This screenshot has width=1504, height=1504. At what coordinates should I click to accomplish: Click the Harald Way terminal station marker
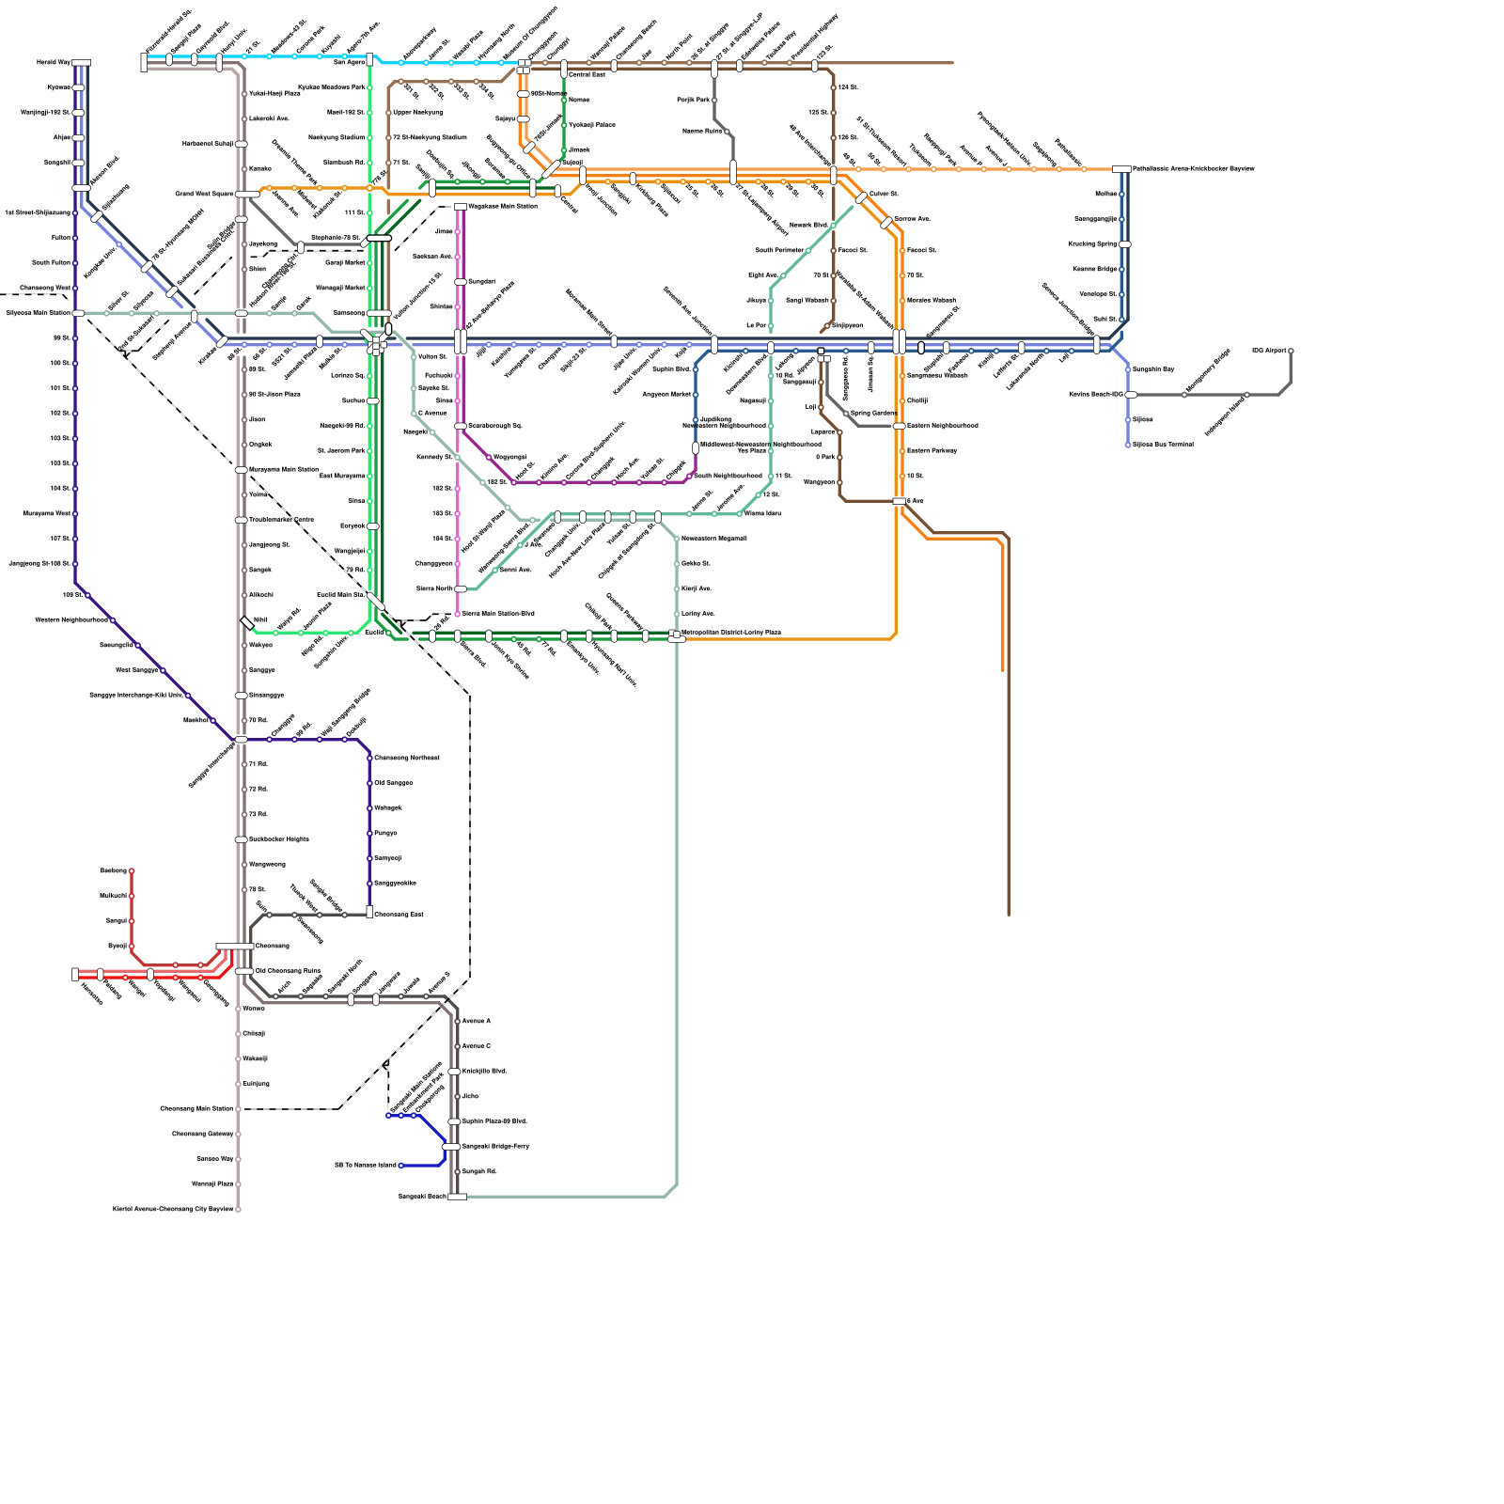82,63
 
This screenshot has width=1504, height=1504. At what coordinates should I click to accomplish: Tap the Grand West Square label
204,195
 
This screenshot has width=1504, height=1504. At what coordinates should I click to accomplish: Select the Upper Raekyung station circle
388,113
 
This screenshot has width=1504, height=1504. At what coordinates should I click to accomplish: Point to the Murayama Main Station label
284,469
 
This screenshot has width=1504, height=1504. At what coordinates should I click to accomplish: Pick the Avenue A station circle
458,1021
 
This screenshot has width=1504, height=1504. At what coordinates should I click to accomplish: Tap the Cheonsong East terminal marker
369,912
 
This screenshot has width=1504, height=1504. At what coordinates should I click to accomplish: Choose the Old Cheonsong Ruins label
289,971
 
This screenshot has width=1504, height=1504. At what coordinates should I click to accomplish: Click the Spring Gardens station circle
846,414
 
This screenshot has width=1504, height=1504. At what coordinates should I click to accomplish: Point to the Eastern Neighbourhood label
943,426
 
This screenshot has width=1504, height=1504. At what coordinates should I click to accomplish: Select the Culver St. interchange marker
861,197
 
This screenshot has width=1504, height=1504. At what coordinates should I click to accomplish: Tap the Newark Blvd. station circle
833,226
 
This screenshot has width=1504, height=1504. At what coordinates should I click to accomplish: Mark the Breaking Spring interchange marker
1124,244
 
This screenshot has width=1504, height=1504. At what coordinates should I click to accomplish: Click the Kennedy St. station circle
458,458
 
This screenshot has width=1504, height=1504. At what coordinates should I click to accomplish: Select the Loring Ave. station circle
677,614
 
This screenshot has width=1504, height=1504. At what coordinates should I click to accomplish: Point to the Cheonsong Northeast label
407,758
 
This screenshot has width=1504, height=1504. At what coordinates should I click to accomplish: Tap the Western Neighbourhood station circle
113,620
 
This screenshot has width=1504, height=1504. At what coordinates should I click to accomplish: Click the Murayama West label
47,514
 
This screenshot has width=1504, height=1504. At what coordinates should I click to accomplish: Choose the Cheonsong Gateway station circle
238,1134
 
